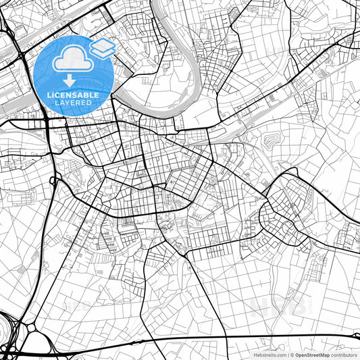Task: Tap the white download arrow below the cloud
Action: (69, 80)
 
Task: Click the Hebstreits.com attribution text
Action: (269, 355)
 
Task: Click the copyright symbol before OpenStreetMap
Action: (291, 355)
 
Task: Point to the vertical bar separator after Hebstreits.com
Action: (287, 355)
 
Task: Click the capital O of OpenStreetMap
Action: (297, 355)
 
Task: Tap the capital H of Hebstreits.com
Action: (255, 355)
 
